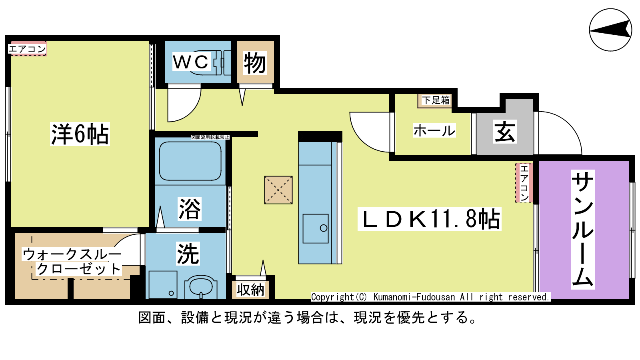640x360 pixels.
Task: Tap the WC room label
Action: pos(191,62)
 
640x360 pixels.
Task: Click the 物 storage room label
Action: pos(255,63)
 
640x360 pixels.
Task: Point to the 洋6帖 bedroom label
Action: pos(80,134)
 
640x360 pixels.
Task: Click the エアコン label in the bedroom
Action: pos(28,49)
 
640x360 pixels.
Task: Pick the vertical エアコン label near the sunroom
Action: pos(524,183)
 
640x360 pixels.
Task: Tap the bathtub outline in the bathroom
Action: pos(190,161)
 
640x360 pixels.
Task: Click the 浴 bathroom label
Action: pos(190,209)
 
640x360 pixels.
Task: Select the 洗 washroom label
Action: pos(188,254)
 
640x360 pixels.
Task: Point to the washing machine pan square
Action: pos(163,285)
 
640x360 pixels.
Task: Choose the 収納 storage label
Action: pos(250,290)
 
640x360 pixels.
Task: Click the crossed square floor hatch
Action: pos(278,190)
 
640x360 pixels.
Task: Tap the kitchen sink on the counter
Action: pos(316,228)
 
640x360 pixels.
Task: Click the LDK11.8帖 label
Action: pos(430,219)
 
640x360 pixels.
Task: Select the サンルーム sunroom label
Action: pos(583,230)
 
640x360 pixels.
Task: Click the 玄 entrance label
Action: pos(505,132)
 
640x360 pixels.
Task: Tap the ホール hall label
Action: pos(434,130)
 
